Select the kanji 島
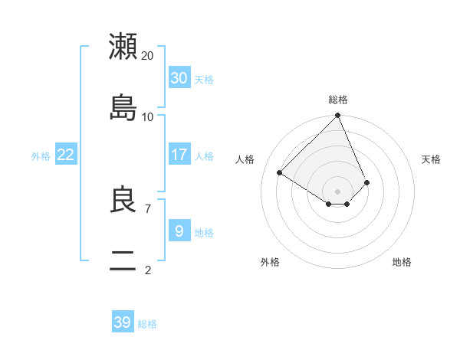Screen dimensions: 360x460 pos(123,107)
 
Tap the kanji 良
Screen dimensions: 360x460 pos(123,201)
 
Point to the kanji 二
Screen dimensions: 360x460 pos(123,263)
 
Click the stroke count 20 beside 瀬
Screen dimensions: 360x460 pos(148,56)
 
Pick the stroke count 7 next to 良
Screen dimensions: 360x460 pos(148,208)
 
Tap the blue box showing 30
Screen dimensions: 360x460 pos(179,77)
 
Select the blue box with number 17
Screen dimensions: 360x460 pos(179,155)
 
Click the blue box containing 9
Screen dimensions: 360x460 pos(179,231)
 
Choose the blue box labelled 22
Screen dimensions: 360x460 pos(66,155)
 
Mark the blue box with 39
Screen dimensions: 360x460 pos(123,322)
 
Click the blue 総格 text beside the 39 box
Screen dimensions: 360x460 pos(147,324)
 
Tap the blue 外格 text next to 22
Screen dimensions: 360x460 pos(41,156)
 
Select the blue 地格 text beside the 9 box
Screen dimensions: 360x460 pos(204,233)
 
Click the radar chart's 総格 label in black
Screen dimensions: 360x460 pos(338,100)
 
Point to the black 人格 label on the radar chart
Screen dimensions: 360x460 pos(245,159)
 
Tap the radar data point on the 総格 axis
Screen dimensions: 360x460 pos(338,116)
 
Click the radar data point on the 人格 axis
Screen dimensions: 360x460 pos(280,173)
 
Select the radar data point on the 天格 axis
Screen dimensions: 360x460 pos(367,182)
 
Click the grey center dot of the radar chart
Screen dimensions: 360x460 pos(338,191)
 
